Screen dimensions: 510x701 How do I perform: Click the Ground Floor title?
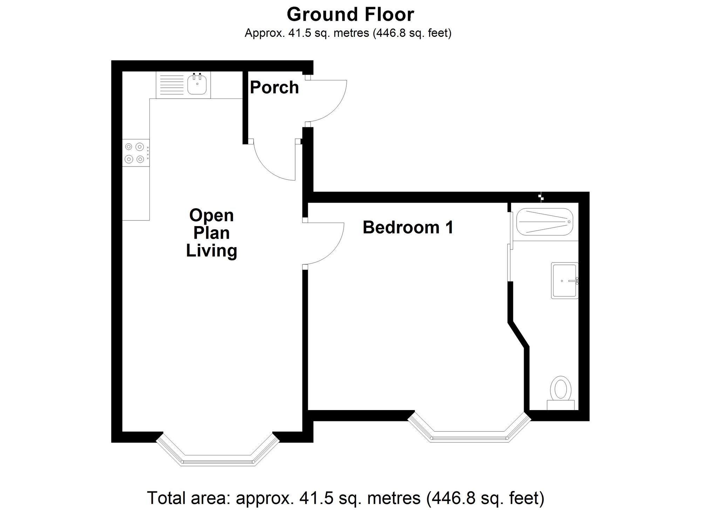click(350, 15)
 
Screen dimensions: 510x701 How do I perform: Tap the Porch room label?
click(274, 87)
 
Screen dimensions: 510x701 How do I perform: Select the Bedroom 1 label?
click(408, 227)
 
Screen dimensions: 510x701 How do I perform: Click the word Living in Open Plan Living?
click(211, 251)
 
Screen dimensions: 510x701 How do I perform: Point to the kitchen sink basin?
click(197, 85)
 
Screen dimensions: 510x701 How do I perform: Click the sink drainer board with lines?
click(171, 85)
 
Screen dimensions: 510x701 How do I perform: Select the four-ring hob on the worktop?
click(135, 153)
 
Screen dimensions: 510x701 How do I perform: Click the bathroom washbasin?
click(564, 280)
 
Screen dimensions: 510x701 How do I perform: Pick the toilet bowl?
click(560, 388)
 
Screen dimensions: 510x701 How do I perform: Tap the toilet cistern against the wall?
click(560, 405)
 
